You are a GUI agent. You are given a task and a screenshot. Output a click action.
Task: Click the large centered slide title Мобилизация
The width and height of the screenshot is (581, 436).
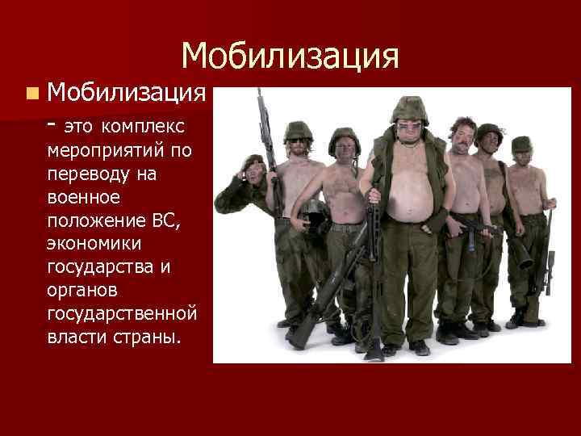point(290,56)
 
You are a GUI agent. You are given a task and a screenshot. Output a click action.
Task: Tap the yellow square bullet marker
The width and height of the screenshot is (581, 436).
point(30,95)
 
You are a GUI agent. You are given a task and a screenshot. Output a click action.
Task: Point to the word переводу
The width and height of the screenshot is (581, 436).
point(88,174)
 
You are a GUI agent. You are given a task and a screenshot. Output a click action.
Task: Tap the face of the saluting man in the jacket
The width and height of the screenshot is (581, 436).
point(254,172)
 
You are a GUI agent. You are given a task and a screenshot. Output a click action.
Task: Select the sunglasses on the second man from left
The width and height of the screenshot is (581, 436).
point(298,140)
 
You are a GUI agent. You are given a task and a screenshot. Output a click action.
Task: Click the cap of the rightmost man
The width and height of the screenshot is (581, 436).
point(522,144)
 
